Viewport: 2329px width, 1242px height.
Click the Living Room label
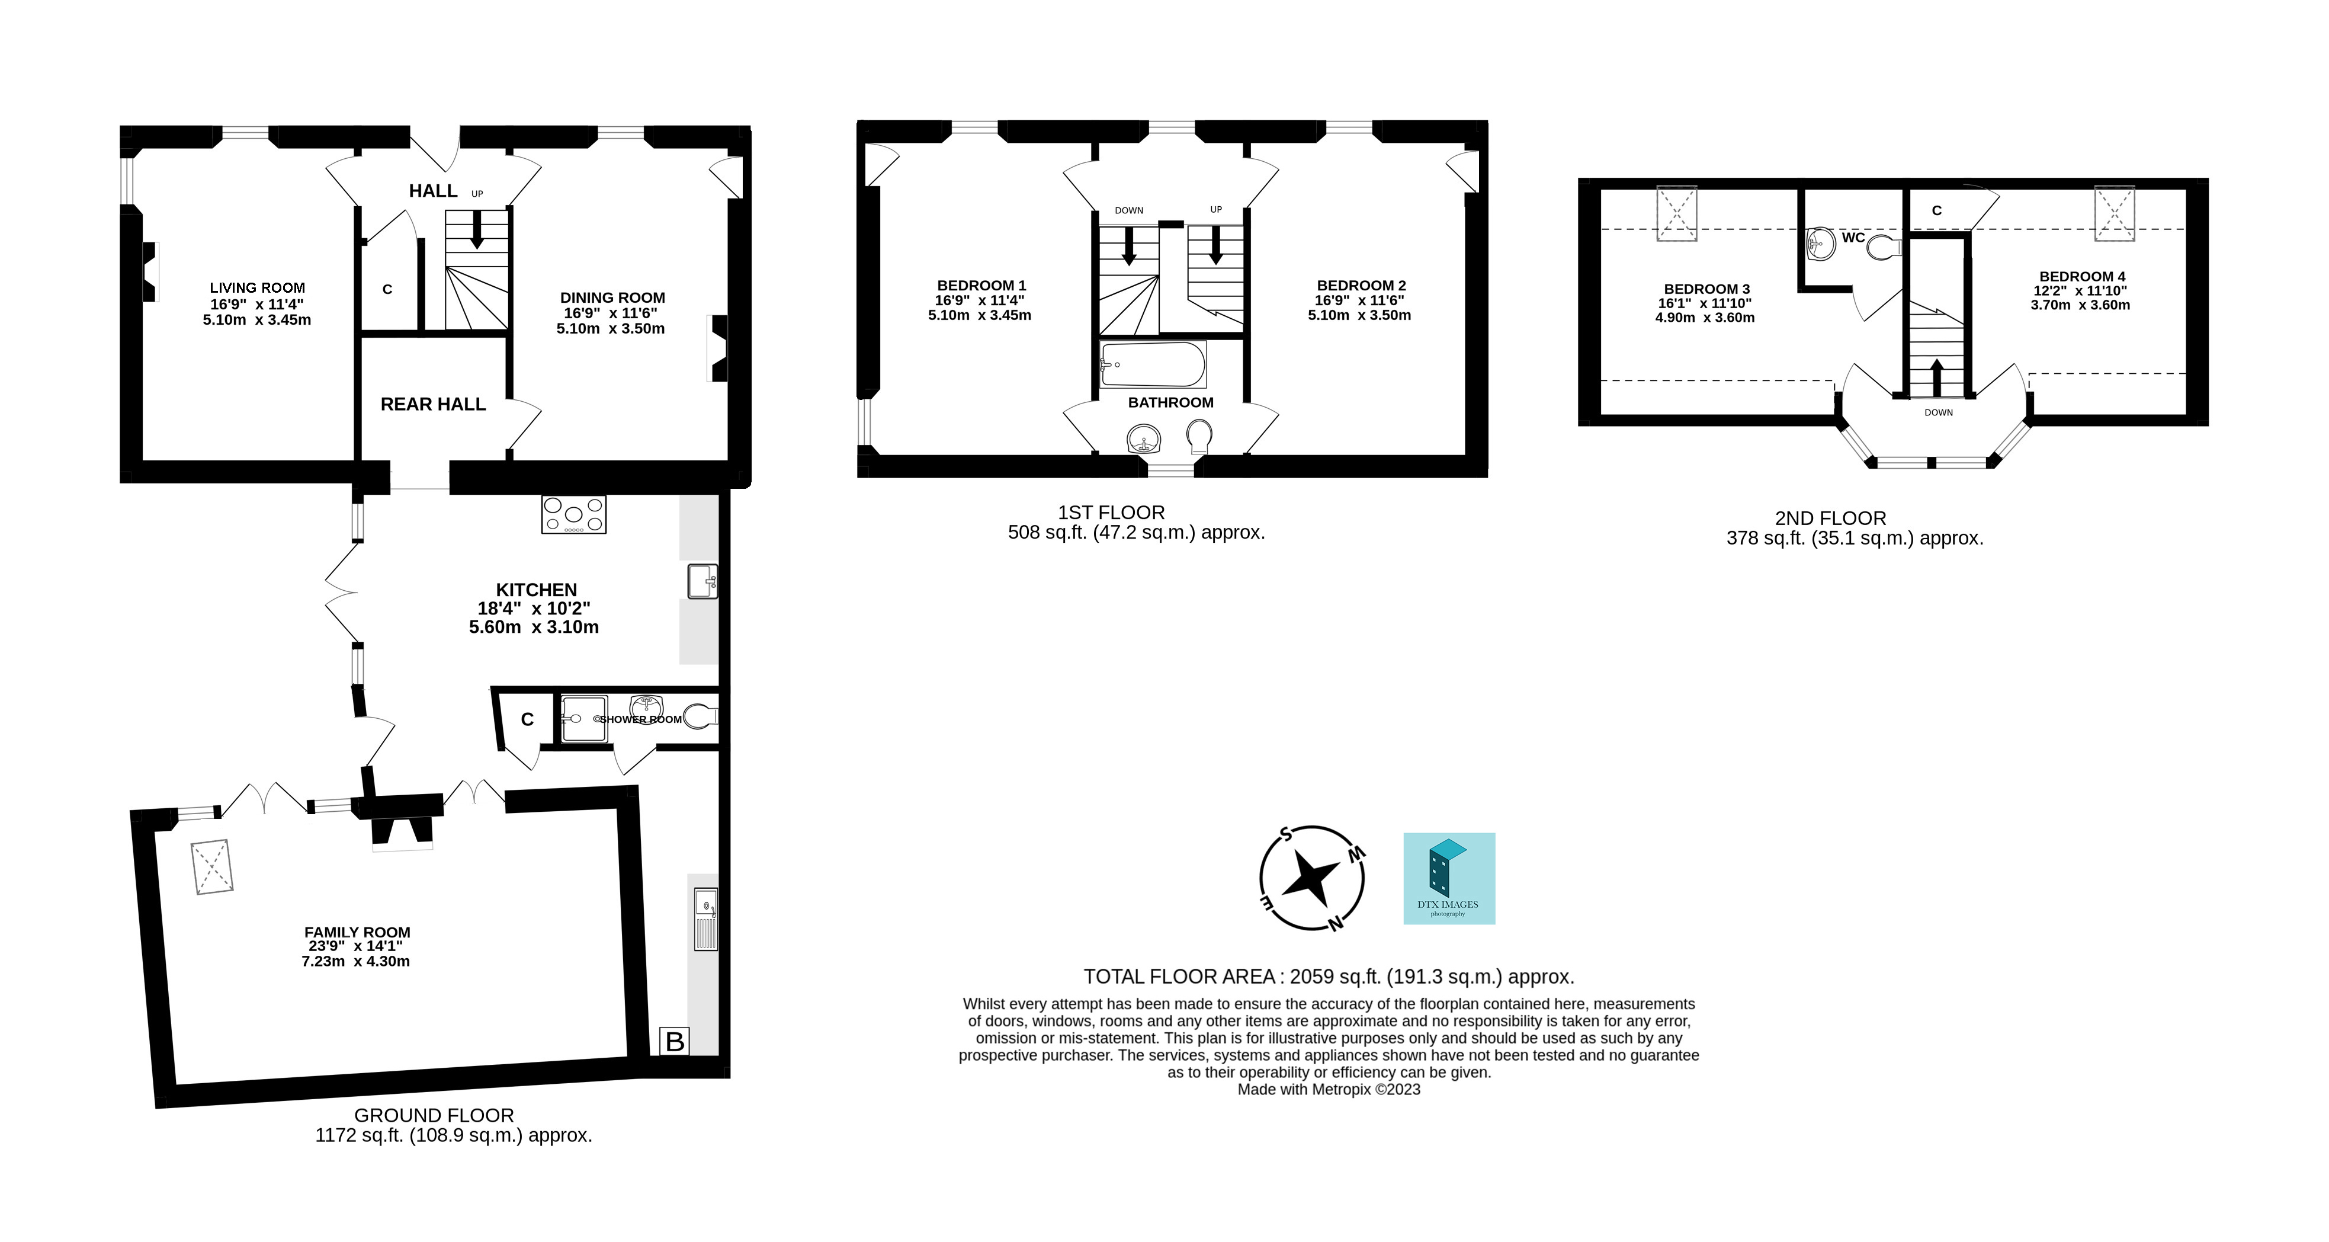tap(258, 287)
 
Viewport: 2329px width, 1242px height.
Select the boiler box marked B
tap(675, 1041)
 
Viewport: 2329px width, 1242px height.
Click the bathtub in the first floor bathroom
tap(1153, 364)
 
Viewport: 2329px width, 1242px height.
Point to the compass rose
tap(1312, 878)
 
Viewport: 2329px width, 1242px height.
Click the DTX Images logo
tap(1448, 878)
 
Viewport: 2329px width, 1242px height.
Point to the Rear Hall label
tap(433, 404)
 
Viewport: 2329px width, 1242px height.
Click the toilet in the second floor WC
tap(1885, 246)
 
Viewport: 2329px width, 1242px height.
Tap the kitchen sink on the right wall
tap(702, 581)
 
